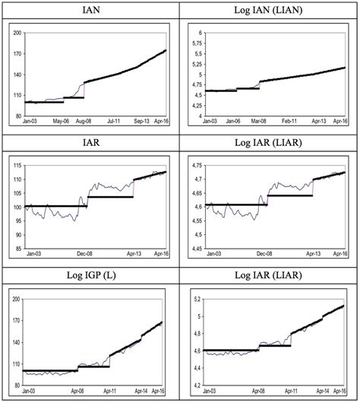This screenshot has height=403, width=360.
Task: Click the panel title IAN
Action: coord(90,10)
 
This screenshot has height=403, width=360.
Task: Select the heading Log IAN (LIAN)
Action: coord(270,10)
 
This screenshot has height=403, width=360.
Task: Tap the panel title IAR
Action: coord(90,142)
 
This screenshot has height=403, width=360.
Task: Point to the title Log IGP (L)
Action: coord(90,275)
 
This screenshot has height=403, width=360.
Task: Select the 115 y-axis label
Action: coord(17,166)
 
